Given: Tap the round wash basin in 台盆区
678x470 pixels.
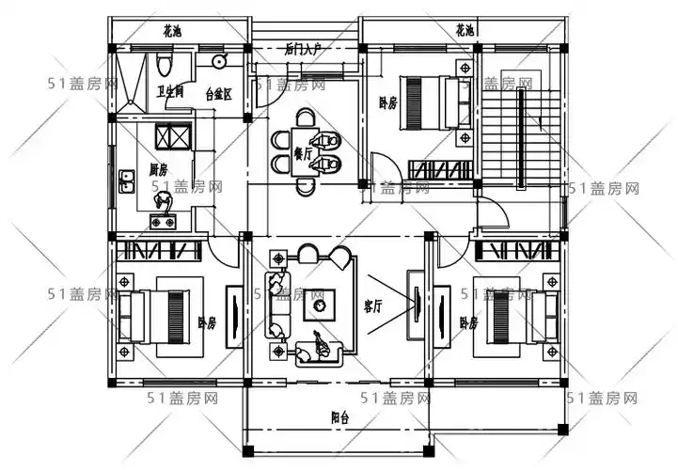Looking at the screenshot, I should pos(219,62).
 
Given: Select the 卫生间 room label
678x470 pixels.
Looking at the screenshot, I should pos(170,92).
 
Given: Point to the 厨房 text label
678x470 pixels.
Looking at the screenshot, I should pos(158,170).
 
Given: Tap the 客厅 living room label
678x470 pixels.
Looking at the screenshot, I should pos(372,306).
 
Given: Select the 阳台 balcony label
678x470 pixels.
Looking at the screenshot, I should pos(339,418).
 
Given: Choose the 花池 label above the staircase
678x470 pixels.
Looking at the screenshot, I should pos(464,30).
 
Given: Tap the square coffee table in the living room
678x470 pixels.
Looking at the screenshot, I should pos(319,305).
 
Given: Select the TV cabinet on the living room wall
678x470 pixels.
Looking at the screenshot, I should pos(414,303).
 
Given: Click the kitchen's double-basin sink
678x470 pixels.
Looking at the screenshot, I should pos(126,180).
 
